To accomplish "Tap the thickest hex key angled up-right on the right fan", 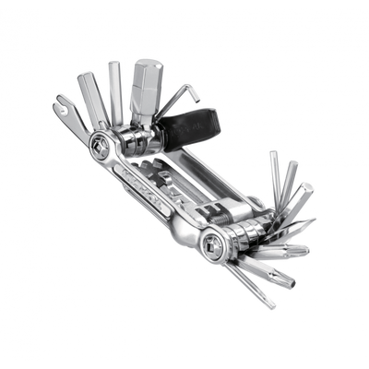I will coord(301,198).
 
